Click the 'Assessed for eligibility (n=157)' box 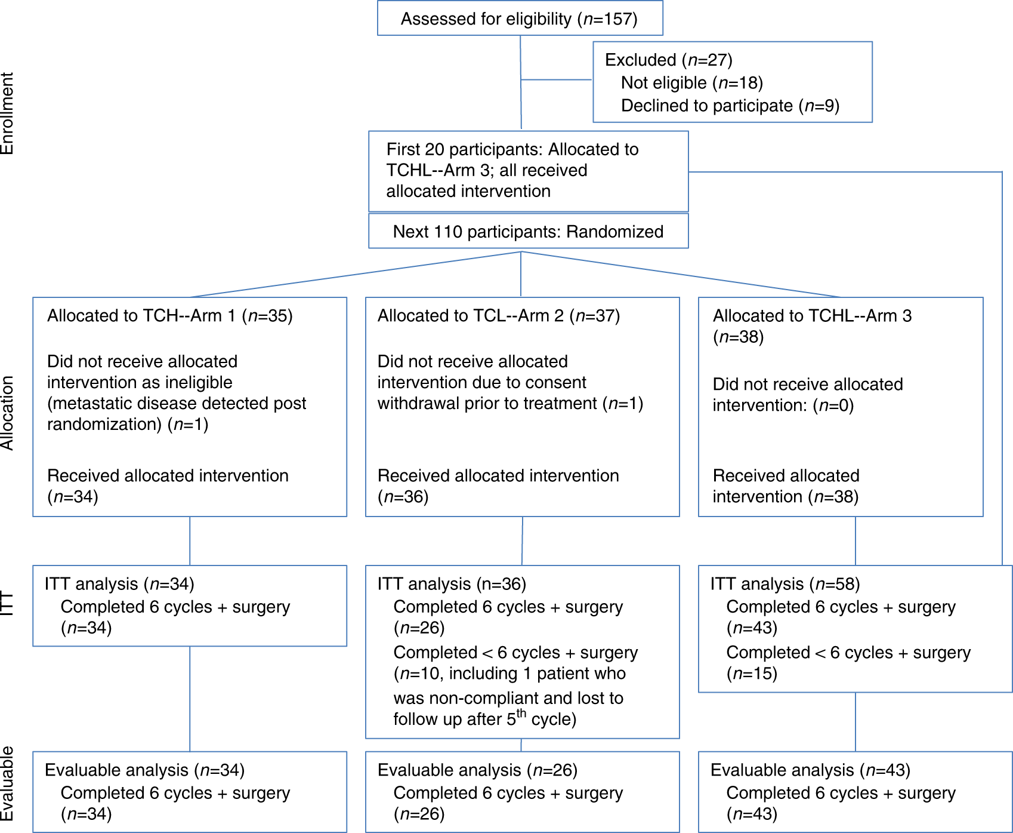point(519,19)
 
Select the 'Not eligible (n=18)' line point(691,83)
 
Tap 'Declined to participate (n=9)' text point(730,106)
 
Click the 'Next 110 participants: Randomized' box point(528,232)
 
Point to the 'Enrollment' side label point(7,113)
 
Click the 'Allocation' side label point(7,413)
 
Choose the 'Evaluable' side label point(7,783)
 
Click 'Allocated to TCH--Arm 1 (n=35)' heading point(169,316)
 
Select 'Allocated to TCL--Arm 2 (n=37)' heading point(498,316)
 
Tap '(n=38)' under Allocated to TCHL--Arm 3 point(738,337)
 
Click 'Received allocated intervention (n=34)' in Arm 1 point(168,485)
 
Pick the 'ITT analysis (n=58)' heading point(785,584)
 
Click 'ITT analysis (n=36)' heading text point(451,584)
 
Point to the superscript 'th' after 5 point(521,713)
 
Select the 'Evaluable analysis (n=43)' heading point(810,770)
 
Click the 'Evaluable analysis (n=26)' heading point(477,770)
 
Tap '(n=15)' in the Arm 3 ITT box point(752,674)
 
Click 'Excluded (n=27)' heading point(668,60)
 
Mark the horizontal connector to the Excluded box point(556,79)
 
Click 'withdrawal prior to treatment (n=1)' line point(509,404)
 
